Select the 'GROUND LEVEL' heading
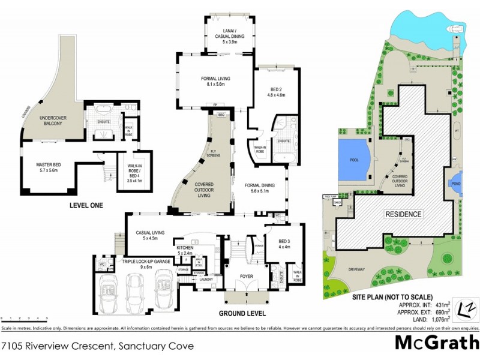tap(242, 314)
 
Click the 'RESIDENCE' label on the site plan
tap(403, 214)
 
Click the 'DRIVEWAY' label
tap(356, 269)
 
